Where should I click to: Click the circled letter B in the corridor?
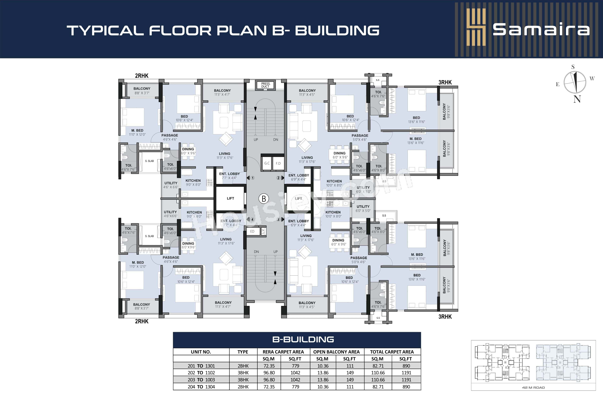(263, 198)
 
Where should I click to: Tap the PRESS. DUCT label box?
(265, 85)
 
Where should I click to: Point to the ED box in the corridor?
(252, 231)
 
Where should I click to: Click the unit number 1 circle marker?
(253, 178)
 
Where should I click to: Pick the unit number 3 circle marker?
(278, 219)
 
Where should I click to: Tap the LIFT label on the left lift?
(230, 198)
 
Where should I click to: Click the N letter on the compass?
(577, 99)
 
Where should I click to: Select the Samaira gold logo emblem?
(476, 27)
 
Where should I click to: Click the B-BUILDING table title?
(303, 340)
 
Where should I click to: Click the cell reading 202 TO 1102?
(201, 373)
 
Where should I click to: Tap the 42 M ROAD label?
(533, 387)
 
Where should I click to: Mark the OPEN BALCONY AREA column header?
(336, 352)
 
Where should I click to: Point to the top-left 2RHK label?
(142, 76)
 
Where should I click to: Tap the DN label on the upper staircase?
(276, 140)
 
